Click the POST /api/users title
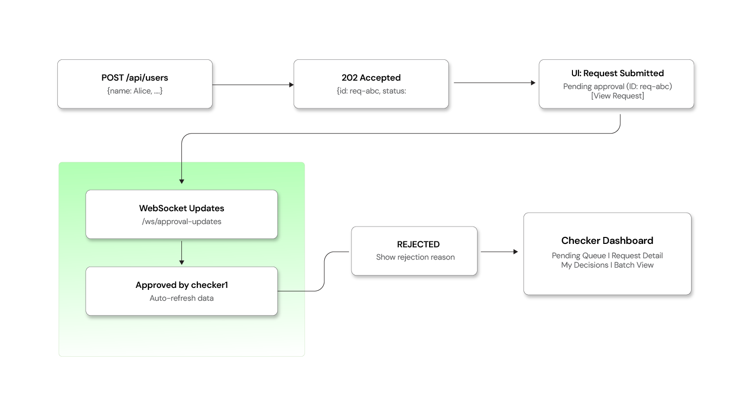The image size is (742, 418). pos(134,78)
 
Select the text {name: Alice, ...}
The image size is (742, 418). pos(134,91)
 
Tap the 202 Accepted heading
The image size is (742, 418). pos(371,78)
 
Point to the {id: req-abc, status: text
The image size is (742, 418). pos(371,91)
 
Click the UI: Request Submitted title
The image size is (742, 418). pos(617,73)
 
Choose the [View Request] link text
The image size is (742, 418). pos(617,96)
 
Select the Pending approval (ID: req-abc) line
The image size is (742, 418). pos(617,87)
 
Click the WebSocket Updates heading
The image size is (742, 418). pos(181,208)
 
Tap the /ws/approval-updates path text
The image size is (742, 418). pos(181,222)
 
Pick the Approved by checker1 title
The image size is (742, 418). pos(181,285)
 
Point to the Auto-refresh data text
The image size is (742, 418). pos(181,298)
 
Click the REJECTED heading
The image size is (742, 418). pos(418,244)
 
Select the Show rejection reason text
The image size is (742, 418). pos(415,257)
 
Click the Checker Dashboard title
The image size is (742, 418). pos(607,241)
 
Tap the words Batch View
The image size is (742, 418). pos(634,265)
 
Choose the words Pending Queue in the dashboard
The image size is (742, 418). pos(578,256)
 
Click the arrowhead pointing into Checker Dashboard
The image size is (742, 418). pos(516,252)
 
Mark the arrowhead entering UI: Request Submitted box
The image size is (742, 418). pos(533,83)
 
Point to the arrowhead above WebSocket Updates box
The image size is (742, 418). pos(182,182)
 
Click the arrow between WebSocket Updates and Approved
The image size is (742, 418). pos(182,253)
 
